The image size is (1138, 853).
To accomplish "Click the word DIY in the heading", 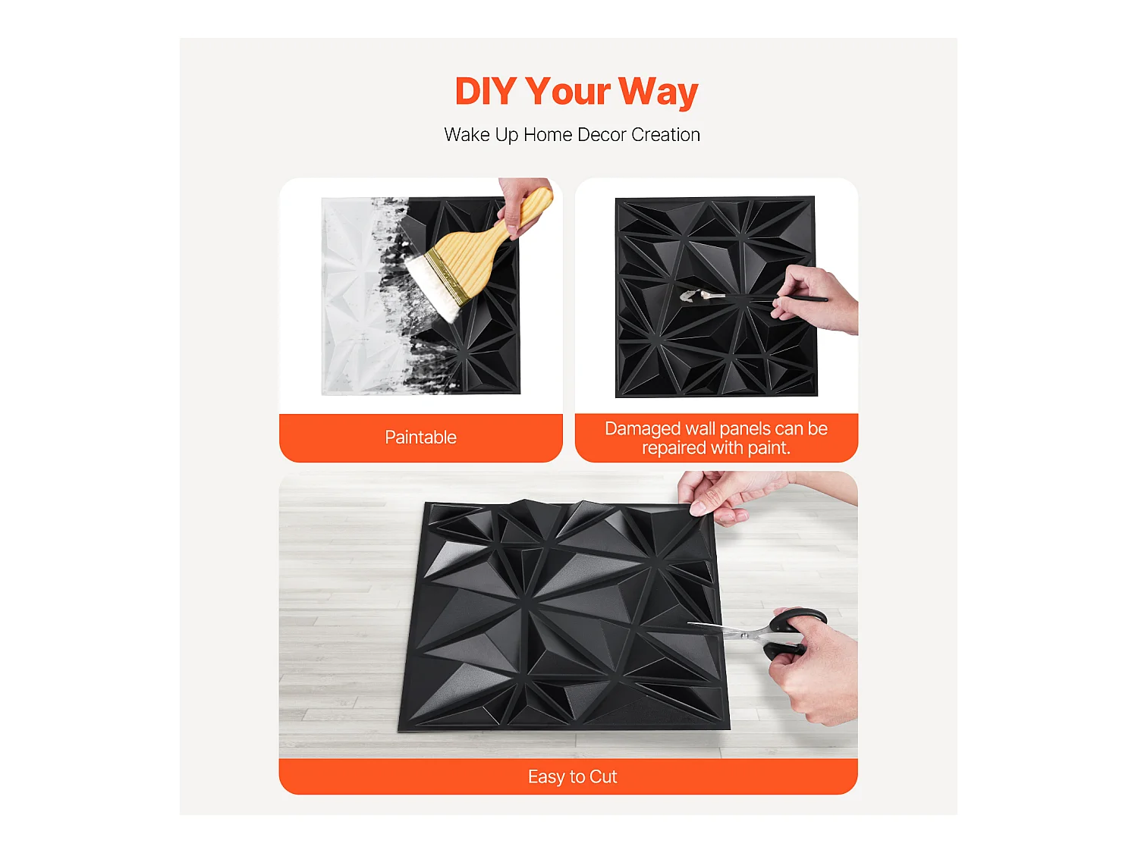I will tap(485, 92).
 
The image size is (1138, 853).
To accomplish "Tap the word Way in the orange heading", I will tap(658, 92).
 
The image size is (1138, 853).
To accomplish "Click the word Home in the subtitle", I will tap(548, 135).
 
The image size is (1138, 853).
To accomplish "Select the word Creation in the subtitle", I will tap(665, 135).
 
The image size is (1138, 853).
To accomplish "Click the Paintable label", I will tap(420, 437).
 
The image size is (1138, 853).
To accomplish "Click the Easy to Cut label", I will tap(572, 777).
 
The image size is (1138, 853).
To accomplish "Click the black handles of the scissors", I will tap(793, 629).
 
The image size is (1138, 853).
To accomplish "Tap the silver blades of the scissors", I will tap(728, 631).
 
